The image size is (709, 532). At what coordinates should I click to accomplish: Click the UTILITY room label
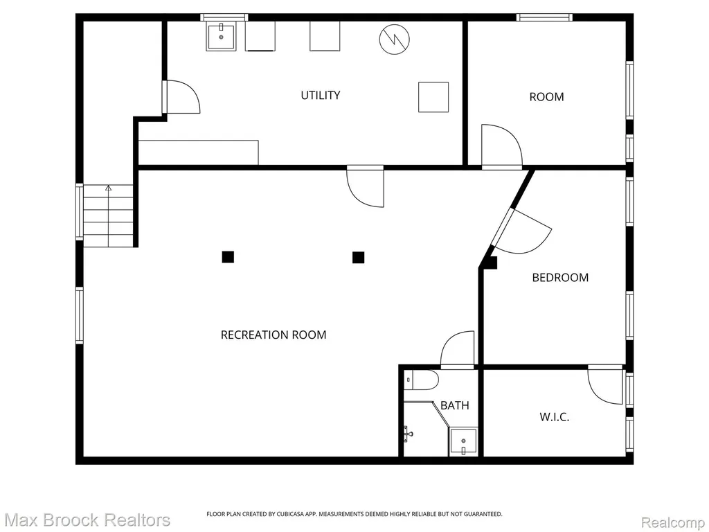coord(320,95)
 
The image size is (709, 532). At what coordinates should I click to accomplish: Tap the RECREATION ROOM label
coord(273,335)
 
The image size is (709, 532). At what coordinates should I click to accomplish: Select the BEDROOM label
coord(560,277)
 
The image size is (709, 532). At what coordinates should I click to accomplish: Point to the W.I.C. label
coord(555,416)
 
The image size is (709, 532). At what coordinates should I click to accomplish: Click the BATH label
coord(454,405)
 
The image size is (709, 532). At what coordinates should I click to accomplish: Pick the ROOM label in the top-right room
coord(547,97)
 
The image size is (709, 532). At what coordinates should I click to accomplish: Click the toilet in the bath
coord(421,380)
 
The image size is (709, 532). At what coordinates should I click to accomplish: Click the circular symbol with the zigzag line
coord(394,38)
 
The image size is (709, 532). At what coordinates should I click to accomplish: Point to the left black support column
coord(228,257)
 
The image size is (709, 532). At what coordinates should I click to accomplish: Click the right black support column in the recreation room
coord(359,258)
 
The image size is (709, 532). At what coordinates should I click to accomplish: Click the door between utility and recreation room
coord(366,186)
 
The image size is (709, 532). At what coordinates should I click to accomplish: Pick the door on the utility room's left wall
coord(181,97)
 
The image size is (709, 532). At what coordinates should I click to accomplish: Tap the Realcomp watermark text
coord(673,522)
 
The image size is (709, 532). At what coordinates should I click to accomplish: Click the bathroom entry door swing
coord(458,349)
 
